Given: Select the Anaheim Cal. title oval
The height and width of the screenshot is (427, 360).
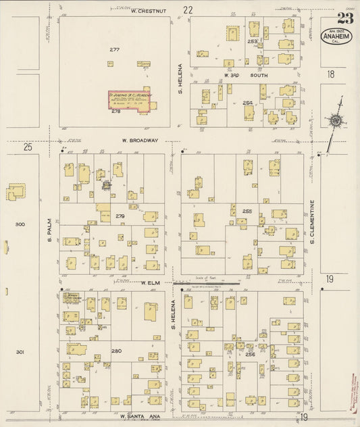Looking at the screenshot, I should click(x=336, y=37).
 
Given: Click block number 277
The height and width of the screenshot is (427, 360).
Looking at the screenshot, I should click(x=114, y=50).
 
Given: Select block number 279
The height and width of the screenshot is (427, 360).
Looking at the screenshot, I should click(x=120, y=216).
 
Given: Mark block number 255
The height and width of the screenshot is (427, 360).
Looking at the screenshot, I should click(x=247, y=211).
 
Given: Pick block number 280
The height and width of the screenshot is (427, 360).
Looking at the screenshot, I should click(x=116, y=351).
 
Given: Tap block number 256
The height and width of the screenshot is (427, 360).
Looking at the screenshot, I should click(x=250, y=354).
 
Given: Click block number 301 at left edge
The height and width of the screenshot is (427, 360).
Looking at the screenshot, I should click(x=20, y=352).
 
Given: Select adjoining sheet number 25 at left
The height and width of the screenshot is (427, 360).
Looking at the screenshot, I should click(x=28, y=146).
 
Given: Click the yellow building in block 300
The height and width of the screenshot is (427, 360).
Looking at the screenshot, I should click(x=16, y=193).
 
